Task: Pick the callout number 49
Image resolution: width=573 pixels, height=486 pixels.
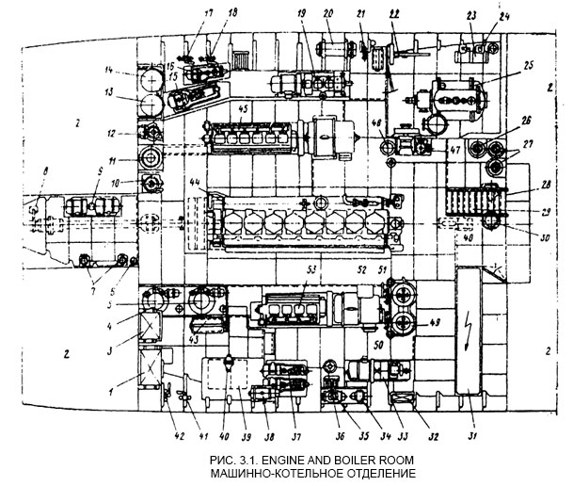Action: click(436, 326)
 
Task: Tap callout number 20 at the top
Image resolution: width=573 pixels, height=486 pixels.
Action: click(327, 14)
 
